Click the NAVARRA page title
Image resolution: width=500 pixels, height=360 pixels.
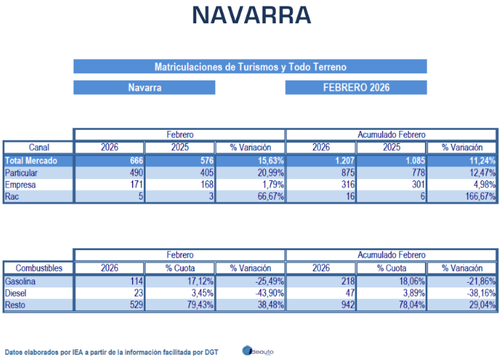(251, 16)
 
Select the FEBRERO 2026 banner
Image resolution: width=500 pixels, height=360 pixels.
(356, 87)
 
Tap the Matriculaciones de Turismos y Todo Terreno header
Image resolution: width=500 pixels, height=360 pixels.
(250, 67)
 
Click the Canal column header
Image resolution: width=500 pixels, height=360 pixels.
(39, 147)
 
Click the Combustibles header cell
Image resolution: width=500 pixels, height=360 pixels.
(39, 268)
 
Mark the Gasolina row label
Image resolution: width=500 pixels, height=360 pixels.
(21, 281)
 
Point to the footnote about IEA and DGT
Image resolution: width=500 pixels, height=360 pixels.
(113, 351)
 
